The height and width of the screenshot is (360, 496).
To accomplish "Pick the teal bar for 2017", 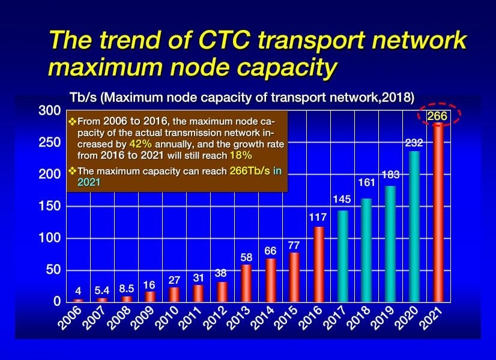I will pos(342,255).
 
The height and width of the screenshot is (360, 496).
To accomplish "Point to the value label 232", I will pos(414,143).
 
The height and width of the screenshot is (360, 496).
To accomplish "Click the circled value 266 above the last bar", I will pos(437,116).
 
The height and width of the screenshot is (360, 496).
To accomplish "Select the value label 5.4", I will pos(102,291).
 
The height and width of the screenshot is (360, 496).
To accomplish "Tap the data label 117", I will pos(318,218).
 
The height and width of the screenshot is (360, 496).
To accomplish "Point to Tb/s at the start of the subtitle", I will pos(83,97).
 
